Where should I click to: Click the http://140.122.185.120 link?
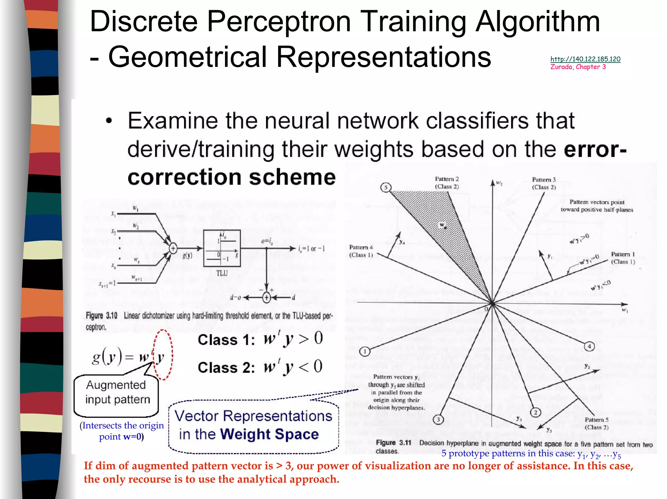coord(585,59)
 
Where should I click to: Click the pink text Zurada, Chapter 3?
coord(578,67)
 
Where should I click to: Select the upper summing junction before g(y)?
coord(173,249)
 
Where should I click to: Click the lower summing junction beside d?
coord(266,297)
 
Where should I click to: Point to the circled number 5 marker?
coord(386,187)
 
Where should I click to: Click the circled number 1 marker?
coord(365,352)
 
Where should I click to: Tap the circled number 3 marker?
coord(438,420)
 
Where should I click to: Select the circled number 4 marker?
coord(589,346)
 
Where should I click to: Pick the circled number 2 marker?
coord(535,412)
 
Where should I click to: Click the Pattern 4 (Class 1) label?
coord(361,251)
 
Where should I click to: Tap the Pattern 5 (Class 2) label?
coord(597,424)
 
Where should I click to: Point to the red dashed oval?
coord(163,355)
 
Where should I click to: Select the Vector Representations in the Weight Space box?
coord(253,426)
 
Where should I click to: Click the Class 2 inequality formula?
coord(260,367)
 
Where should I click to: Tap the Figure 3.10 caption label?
coord(101,316)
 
